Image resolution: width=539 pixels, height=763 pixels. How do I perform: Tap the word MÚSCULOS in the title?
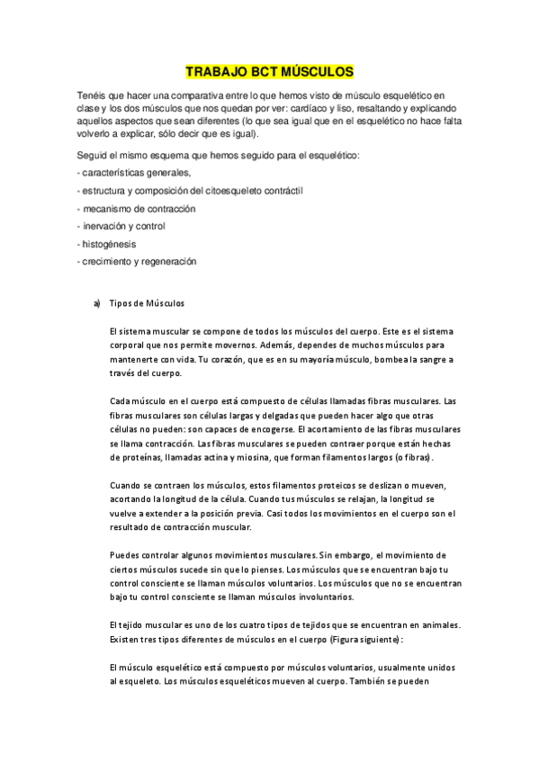click(319, 71)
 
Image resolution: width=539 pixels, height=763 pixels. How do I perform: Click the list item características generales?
click(135, 174)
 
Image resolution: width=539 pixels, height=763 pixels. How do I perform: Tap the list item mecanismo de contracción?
click(138, 209)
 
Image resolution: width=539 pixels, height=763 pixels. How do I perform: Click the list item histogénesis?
click(110, 244)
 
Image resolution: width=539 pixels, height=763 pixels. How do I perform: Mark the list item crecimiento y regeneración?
click(138, 261)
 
